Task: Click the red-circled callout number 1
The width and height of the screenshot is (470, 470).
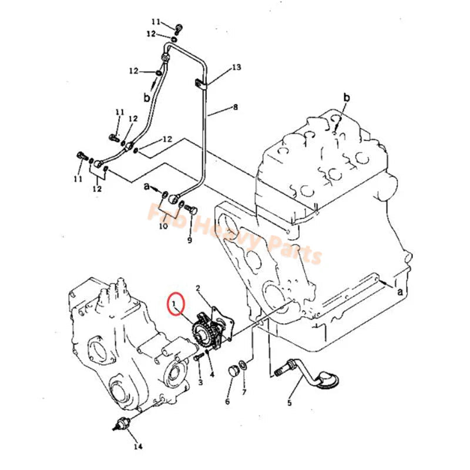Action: (175, 303)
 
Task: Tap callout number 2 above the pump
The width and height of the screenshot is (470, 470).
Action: (199, 288)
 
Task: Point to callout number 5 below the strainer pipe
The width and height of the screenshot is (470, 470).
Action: (289, 403)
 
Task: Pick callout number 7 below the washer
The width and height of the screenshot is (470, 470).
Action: (244, 392)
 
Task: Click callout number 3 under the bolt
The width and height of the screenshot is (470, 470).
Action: (200, 382)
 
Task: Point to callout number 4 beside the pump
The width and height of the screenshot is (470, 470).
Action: (211, 374)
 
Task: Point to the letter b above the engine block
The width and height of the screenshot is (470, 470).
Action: (346, 97)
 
